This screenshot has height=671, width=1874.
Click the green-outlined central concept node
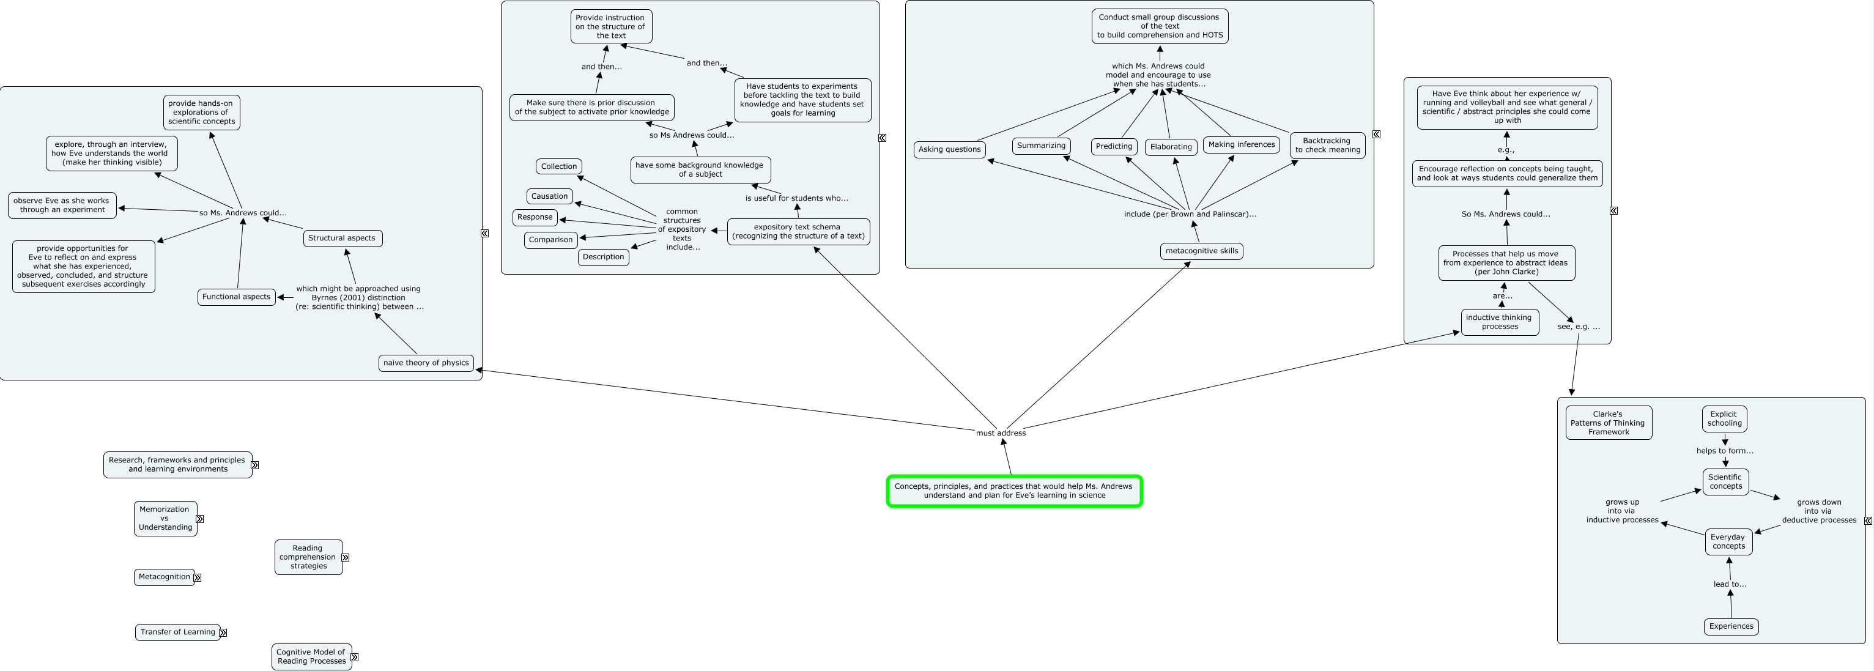1014,491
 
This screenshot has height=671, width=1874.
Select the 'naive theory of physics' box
426,363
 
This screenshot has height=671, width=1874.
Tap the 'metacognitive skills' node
1201,251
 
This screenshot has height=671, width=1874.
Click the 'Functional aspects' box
237,297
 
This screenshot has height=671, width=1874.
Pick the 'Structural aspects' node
342,238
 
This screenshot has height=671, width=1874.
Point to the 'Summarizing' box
1041,146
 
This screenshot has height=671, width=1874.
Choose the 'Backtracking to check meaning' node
1327,146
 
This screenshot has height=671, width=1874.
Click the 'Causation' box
549,196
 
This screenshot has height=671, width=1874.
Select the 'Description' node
603,257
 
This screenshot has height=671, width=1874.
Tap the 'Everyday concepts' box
1728,542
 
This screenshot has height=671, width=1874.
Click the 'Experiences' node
1731,626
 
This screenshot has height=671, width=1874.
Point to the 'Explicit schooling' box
1724,419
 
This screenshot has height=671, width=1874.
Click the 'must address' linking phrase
1001,433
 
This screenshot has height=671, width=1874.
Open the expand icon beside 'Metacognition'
197,578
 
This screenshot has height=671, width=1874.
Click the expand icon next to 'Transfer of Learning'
223,633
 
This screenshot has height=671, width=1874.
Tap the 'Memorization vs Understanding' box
165,519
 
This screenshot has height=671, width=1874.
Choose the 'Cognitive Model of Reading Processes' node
311,657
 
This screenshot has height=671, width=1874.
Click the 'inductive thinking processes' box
1499,322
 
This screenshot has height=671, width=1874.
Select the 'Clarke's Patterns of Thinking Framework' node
1609,423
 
